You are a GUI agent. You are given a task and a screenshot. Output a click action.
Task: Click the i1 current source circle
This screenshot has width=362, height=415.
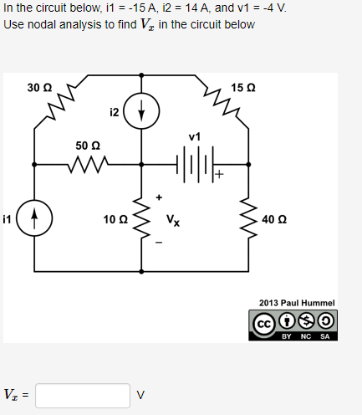34,219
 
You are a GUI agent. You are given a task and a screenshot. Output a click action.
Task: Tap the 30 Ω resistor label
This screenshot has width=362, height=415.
39,87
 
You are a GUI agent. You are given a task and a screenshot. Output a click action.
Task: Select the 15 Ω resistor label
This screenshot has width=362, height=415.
244,87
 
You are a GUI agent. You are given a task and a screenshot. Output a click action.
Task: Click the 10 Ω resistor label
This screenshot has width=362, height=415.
115,219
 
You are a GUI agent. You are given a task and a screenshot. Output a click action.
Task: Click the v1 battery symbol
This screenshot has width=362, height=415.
194,164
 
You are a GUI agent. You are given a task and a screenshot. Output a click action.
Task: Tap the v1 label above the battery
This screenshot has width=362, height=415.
195,136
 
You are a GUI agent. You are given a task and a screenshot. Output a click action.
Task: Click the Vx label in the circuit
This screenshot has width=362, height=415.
172,221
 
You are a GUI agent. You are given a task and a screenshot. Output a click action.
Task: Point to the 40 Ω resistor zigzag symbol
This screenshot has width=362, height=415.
248,219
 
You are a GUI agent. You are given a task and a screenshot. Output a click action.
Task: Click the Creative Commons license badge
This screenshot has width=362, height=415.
296,324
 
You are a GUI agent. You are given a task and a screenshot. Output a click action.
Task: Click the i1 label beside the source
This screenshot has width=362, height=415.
8,219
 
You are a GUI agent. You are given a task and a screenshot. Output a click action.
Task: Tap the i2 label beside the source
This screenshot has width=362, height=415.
115,110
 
